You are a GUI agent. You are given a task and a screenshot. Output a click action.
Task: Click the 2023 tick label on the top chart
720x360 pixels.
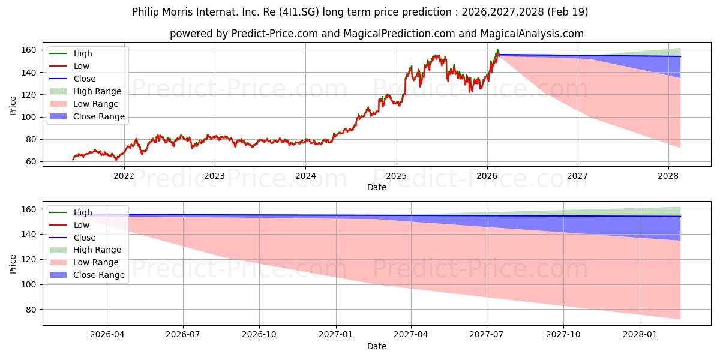click(214, 176)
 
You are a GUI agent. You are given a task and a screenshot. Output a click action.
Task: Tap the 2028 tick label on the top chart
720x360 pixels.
click(668, 176)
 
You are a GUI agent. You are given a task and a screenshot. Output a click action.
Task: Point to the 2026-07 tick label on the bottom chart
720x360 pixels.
click(183, 335)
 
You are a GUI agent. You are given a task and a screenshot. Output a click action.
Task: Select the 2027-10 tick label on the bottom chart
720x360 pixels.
click(563, 335)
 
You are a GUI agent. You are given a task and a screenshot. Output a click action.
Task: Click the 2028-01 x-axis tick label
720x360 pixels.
click(640, 335)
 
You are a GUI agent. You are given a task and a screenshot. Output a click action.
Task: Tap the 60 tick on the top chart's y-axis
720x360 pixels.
click(31, 161)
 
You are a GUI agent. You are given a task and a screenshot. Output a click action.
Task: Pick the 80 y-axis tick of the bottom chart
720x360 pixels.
click(31, 310)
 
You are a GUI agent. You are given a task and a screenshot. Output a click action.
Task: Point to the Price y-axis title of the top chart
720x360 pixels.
click(13, 106)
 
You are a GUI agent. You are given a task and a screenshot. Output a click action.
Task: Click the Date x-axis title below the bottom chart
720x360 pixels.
click(377, 346)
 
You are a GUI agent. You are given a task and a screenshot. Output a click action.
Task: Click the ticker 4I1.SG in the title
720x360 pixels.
click(299, 12)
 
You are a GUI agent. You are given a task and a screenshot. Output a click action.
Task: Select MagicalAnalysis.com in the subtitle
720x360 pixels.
click(532, 34)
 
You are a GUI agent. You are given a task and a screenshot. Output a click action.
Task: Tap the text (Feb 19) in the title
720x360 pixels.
click(568, 12)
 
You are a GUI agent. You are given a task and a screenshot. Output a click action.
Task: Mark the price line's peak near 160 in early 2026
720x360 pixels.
click(497, 49)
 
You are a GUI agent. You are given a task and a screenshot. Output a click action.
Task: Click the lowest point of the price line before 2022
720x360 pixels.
click(116, 160)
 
